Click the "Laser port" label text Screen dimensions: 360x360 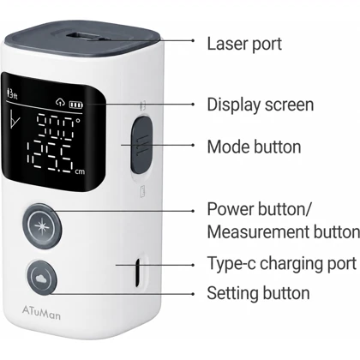(244, 45)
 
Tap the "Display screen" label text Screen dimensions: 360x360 (261, 105)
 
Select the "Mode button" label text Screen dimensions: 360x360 (254, 147)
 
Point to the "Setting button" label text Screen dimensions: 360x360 (258, 293)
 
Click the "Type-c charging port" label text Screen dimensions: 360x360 (282, 263)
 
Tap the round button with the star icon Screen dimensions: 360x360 (42, 226)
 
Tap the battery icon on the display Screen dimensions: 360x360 (76, 105)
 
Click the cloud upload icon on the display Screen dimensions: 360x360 (60, 102)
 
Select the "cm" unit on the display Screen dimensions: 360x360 (80, 171)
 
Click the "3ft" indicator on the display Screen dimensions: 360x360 (12, 93)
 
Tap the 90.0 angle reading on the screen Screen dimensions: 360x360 (56, 125)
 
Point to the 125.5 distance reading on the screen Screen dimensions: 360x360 (51, 156)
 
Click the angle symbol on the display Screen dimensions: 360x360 (15, 119)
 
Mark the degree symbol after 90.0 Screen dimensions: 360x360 (78, 121)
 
